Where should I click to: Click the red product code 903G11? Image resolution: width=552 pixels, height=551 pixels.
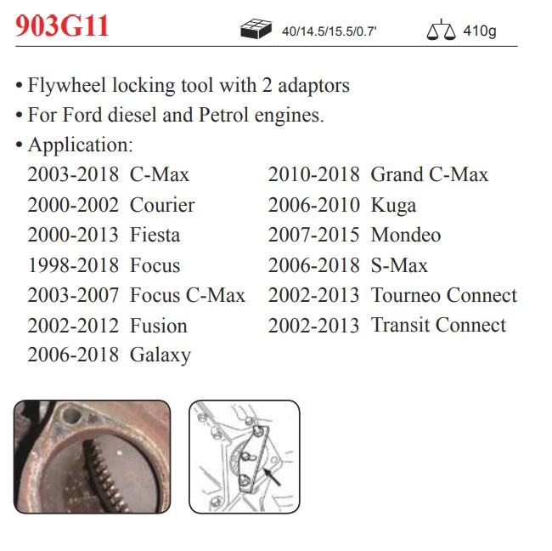62,26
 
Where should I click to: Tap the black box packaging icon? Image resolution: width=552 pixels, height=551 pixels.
256,29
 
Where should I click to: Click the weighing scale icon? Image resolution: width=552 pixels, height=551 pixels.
441,30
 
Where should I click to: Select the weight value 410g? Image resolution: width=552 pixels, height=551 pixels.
480,31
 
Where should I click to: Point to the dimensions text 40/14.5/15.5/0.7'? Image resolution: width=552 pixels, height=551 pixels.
330,31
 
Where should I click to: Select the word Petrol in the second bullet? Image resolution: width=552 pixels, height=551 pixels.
224,115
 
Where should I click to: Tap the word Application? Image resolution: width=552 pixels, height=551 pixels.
81,145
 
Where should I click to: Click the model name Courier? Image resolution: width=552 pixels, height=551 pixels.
162,205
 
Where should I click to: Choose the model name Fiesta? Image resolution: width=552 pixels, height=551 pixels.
155,235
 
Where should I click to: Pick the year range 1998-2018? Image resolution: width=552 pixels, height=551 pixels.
73,265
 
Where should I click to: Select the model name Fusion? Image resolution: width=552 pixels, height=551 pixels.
159,325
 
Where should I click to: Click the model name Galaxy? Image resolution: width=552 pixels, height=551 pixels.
161,355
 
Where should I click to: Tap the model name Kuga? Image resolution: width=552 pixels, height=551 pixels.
393,206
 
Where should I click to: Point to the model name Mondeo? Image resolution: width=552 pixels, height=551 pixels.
406,235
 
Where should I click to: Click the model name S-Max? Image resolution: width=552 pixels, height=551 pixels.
400,265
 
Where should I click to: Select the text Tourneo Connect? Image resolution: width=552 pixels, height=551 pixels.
444,295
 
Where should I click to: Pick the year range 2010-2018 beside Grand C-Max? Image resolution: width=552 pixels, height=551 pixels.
313,174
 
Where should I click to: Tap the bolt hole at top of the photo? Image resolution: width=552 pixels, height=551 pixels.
72,415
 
